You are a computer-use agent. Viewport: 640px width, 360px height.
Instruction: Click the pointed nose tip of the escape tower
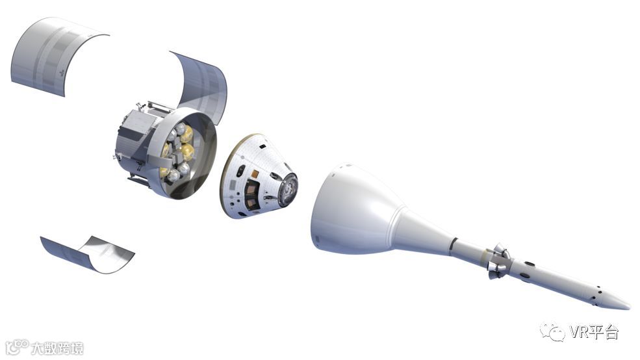coord(630,307)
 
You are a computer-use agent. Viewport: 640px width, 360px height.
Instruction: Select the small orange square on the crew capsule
coord(255,174)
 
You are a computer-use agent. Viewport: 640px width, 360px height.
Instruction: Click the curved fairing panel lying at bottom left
coord(87,253)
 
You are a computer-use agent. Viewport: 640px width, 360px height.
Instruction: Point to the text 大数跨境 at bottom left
coord(57,348)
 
